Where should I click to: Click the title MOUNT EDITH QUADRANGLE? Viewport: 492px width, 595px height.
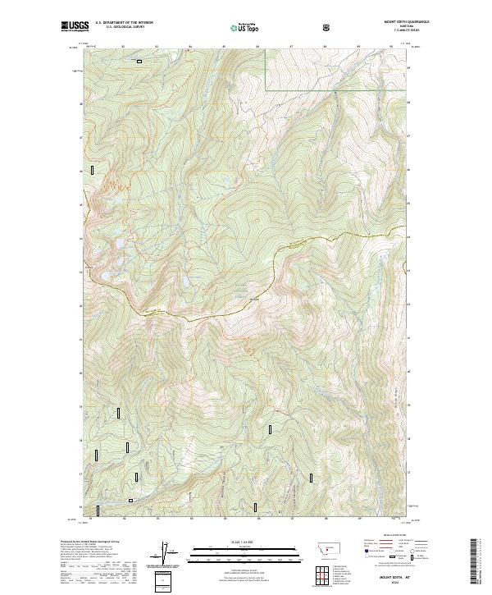pyautogui.click(x=401, y=24)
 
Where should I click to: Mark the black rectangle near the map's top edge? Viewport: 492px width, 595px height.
pyautogui.click(x=139, y=61)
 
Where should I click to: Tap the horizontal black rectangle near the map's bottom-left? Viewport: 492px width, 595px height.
pyautogui.click(x=130, y=499)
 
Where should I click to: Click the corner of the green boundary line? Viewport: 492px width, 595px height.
pyautogui.click(x=265, y=88)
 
